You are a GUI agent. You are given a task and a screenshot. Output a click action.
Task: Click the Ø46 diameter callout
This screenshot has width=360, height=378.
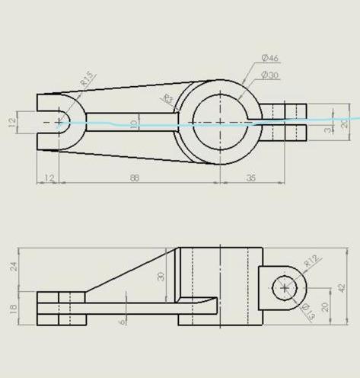pyautogui.click(x=270, y=58)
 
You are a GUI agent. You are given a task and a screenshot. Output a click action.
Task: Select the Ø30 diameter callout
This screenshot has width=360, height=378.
pyautogui.click(x=270, y=75)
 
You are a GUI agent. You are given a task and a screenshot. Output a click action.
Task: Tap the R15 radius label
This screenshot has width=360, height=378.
pyautogui.click(x=86, y=78)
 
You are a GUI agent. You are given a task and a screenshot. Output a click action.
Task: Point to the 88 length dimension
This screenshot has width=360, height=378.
pyautogui.click(x=135, y=178)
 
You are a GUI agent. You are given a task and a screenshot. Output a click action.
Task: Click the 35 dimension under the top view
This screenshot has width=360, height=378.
pyautogui.click(x=251, y=178)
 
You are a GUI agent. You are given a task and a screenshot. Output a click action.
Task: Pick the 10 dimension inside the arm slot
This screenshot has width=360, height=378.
pyautogui.click(x=134, y=123)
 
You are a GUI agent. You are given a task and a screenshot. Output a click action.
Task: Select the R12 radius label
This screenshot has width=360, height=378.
pyautogui.click(x=312, y=261)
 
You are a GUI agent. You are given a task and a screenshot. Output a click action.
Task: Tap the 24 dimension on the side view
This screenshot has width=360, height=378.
pyautogui.click(x=13, y=266)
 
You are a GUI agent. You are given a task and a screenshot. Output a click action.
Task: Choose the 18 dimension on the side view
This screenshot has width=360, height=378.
pyautogui.click(x=13, y=308)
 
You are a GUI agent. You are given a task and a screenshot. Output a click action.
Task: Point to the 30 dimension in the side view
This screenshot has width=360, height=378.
pyautogui.click(x=161, y=276)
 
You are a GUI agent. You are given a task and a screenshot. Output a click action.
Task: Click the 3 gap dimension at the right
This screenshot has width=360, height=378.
pyautogui.click(x=328, y=130)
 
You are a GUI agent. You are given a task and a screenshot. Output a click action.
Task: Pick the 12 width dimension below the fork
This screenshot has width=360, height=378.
pyautogui.click(x=49, y=178)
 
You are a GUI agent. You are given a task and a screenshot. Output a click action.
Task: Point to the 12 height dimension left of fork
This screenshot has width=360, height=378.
pyautogui.click(x=13, y=123)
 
